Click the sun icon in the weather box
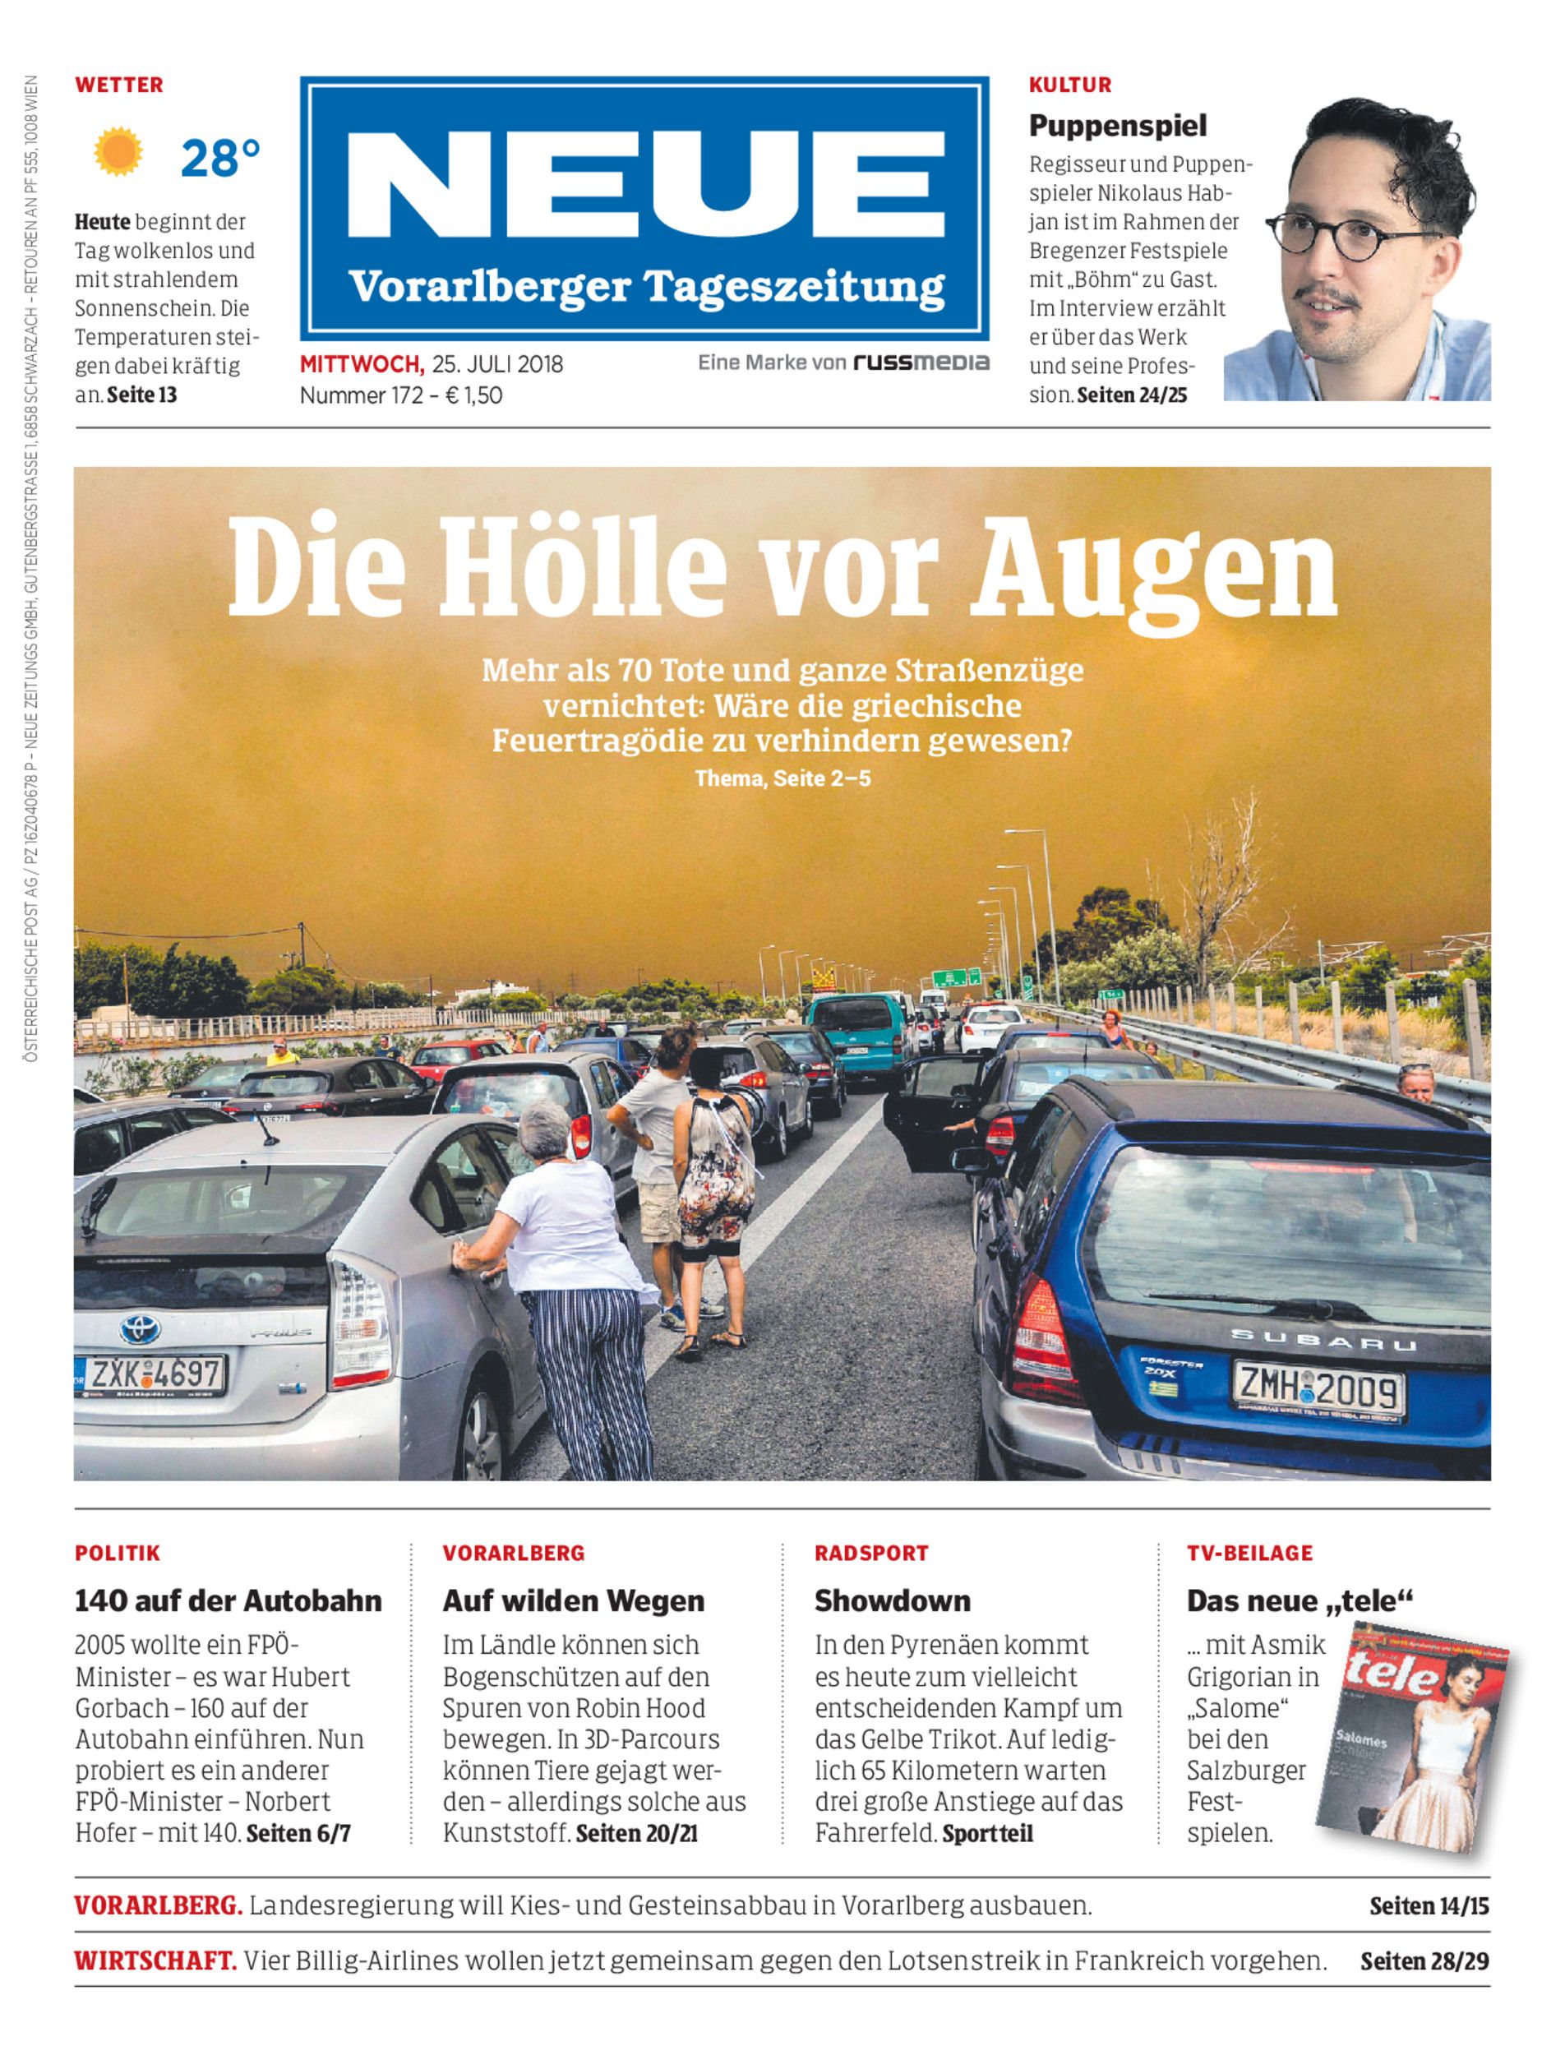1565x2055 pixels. (x=118, y=154)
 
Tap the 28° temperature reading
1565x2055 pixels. (x=219, y=158)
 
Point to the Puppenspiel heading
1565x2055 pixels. (x=1117, y=125)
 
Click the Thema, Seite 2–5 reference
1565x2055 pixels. (x=782, y=778)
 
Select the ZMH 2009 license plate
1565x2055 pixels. (x=1318, y=1391)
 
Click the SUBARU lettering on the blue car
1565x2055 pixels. (x=1323, y=1341)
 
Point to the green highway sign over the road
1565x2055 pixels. (x=958, y=978)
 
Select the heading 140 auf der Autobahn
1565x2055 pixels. (x=229, y=1601)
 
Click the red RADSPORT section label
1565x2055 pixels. (x=871, y=1553)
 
